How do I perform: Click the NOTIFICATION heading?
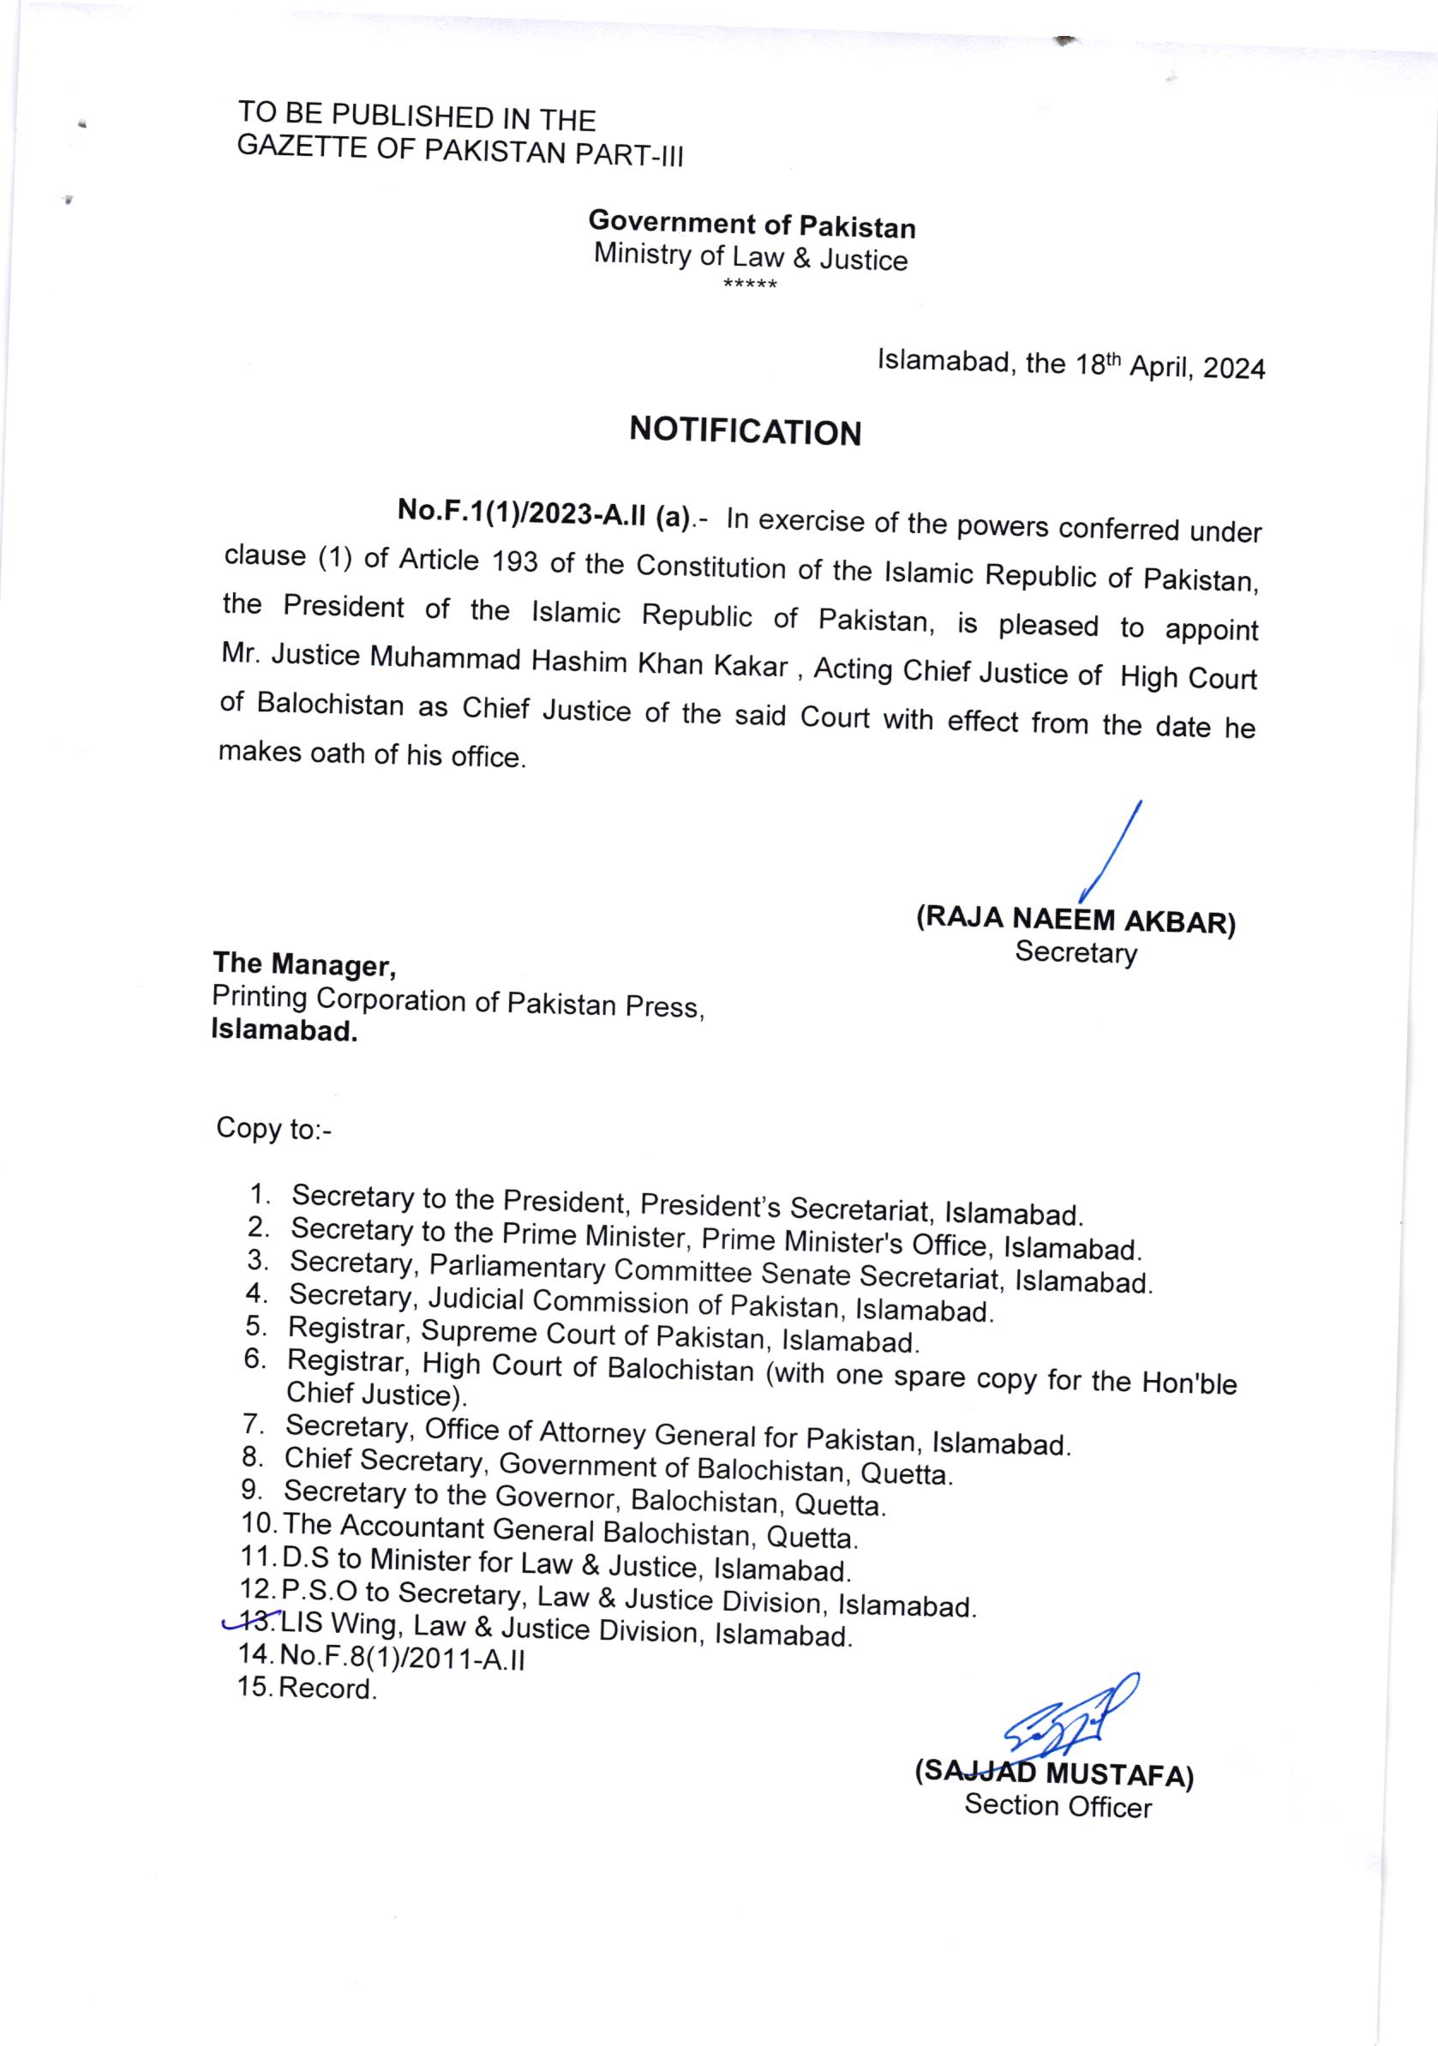745,431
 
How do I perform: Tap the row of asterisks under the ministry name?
750,285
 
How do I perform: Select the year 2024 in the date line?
1233,368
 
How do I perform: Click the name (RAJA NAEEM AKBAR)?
1076,920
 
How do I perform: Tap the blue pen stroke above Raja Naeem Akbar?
1111,851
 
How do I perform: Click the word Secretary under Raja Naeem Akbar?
1076,952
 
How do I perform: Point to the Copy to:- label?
273,1128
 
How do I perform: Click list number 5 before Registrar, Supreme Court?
256,1326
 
